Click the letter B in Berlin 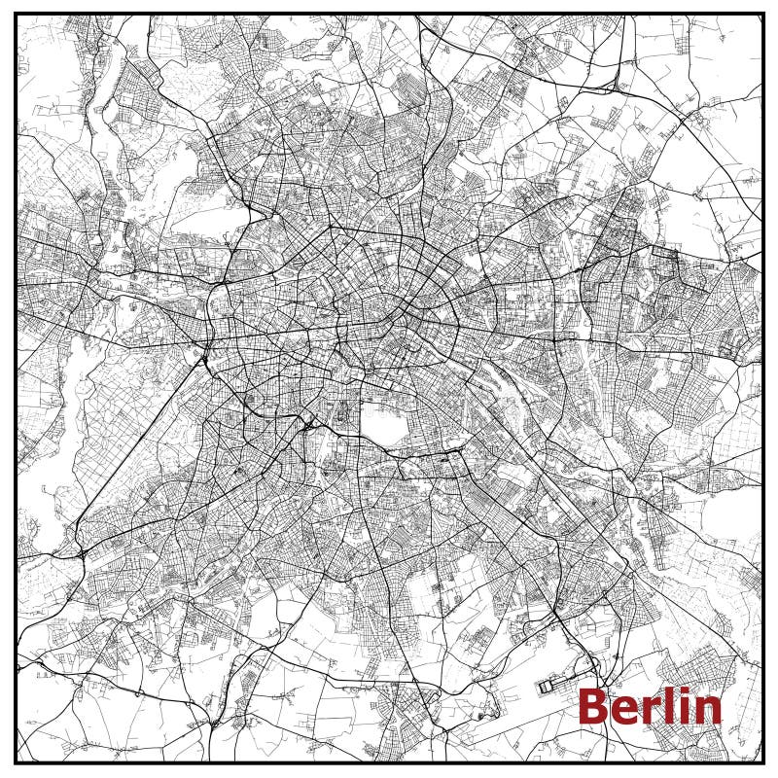[x=593, y=707]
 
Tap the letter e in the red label [x=623, y=711]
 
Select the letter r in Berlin [x=648, y=710]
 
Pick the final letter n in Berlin [x=707, y=711]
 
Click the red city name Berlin [x=651, y=707]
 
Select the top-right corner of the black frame [x=763, y=14]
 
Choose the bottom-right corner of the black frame [x=763, y=761]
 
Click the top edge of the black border [x=389, y=14]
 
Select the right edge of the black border [x=763, y=389]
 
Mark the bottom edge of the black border [x=389, y=761]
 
